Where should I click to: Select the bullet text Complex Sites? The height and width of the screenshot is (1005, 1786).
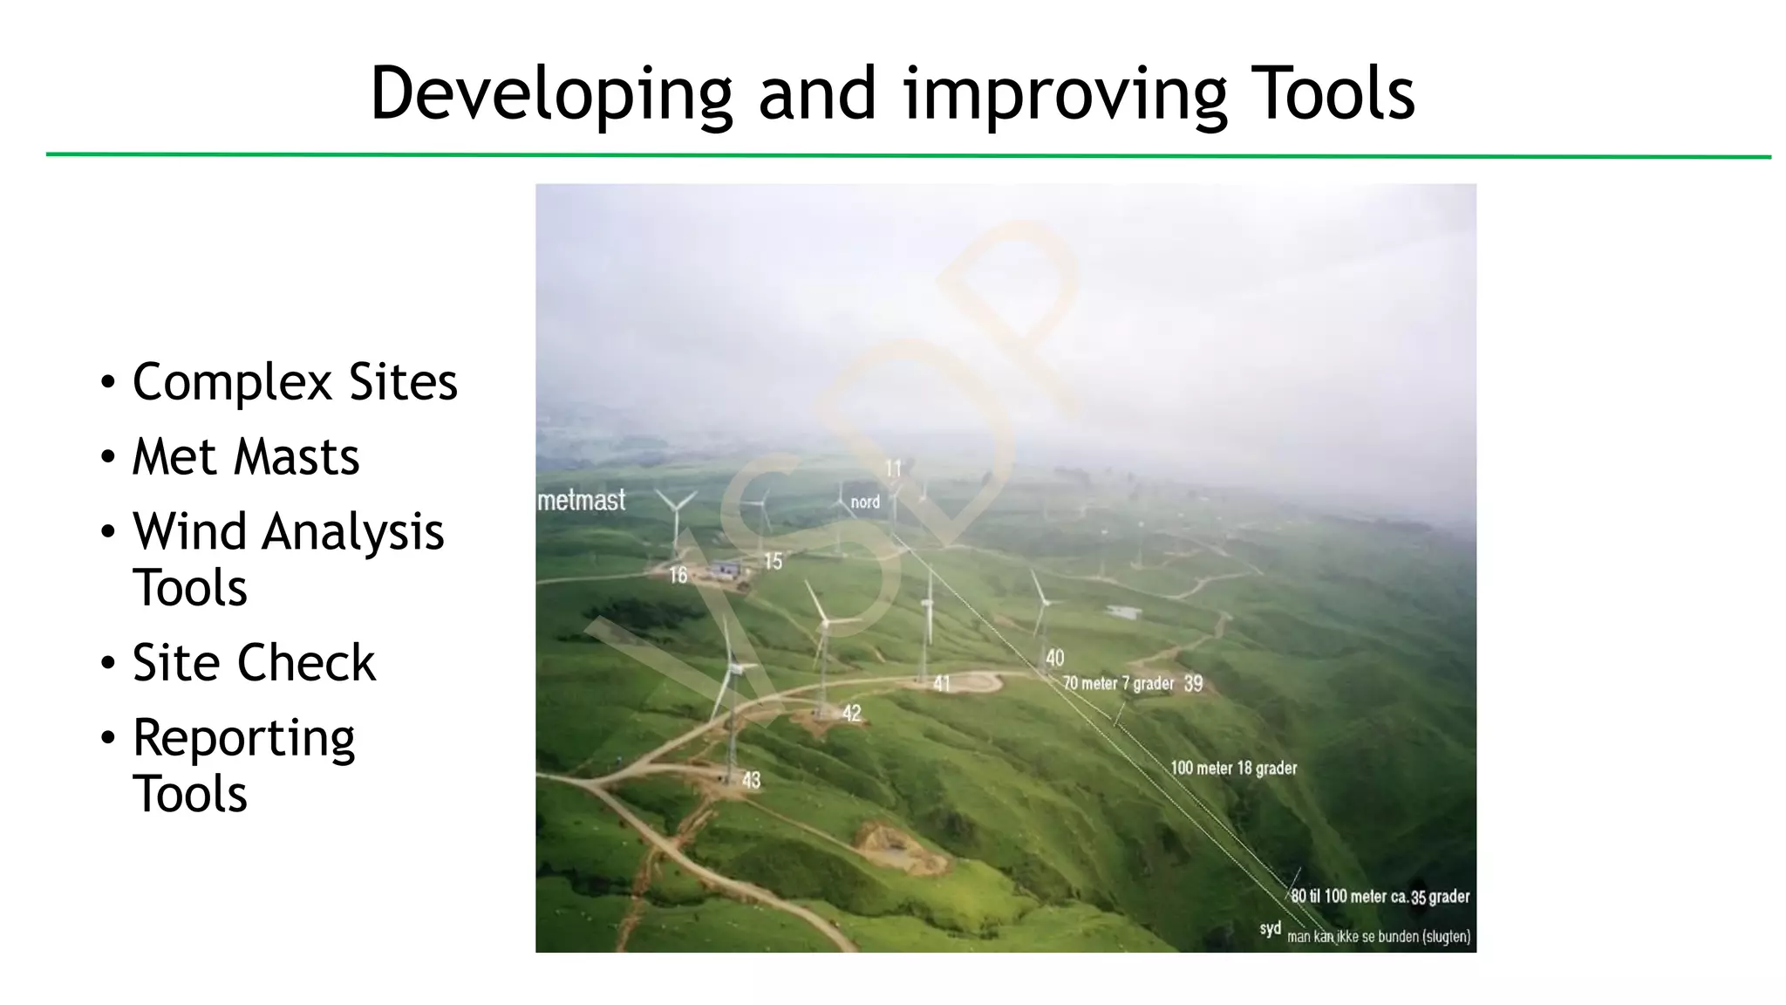pos(295,382)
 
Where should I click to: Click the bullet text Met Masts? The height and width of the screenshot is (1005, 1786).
pos(245,457)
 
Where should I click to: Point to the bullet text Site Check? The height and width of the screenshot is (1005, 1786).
pos(253,663)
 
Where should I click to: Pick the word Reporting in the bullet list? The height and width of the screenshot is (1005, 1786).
pos(243,739)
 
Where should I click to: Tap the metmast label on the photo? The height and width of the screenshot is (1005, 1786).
pos(582,501)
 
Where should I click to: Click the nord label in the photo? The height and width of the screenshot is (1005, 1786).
pos(865,502)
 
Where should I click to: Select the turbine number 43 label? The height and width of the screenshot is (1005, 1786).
pos(751,780)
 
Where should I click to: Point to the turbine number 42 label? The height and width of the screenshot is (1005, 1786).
pos(851,714)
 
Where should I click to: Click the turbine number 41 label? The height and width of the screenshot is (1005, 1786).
pos(942,684)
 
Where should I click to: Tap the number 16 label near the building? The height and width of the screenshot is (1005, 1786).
pos(678,575)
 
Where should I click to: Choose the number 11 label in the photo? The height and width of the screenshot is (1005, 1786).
pos(893,469)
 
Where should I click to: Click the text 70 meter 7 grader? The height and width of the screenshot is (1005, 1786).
pos(1118,683)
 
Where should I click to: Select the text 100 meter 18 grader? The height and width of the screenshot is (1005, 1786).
pos(1233,769)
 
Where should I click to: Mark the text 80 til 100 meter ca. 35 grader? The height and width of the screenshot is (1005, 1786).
pos(1380,897)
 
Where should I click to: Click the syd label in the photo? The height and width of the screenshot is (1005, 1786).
pos(1270,929)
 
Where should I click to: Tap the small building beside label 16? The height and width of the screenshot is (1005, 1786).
pos(725,571)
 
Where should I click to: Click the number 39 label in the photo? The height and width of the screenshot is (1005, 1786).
pos(1193,684)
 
